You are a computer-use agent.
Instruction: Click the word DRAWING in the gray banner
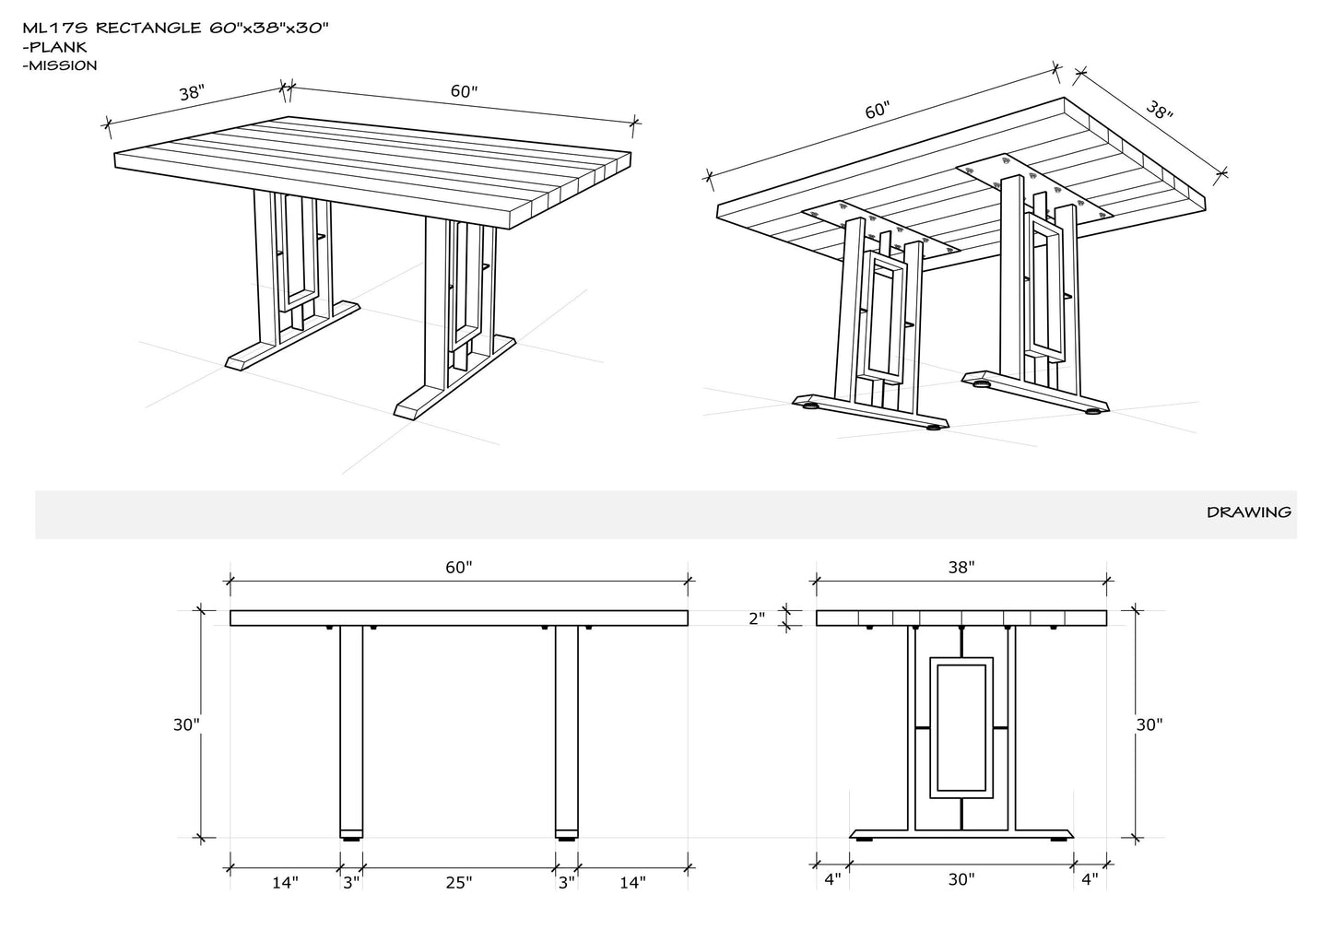[x=1248, y=512]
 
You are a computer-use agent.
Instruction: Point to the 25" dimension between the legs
[x=458, y=883]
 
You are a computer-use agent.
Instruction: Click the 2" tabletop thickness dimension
[x=757, y=618]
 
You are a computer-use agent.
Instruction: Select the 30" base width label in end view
[x=961, y=879]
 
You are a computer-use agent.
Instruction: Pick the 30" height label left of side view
[x=186, y=724]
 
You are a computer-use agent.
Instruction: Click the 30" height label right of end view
[x=1149, y=724]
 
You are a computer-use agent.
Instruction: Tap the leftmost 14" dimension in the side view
[x=285, y=883]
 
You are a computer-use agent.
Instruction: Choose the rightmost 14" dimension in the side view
[x=631, y=883]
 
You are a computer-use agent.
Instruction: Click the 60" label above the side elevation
[x=458, y=568]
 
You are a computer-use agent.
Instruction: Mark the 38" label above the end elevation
[x=961, y=568]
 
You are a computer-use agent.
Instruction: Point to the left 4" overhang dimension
[x=832, y=879]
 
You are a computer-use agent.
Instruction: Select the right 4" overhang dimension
[x=1090, y=879]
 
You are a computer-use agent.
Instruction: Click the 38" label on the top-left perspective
[x=192, y=93]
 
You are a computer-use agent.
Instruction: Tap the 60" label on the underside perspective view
[x=877, y=111]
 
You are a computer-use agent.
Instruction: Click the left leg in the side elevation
[x=351, y=728]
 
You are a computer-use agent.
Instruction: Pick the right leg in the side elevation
[x=567, y=728]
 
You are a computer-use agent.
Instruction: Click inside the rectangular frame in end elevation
[x=961, y=728]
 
